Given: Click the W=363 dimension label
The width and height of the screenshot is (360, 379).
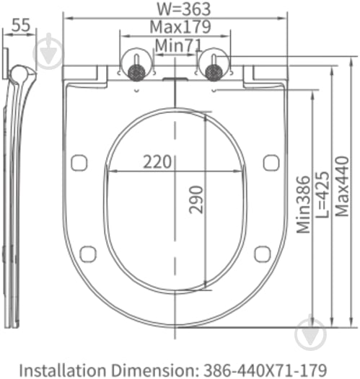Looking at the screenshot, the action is [x=184, y=9].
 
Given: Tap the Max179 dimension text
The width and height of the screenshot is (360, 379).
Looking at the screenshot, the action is [x=180, y=27].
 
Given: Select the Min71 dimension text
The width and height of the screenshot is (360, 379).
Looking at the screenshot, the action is [x=178, y=45].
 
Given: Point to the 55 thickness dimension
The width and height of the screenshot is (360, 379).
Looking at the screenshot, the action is [x=21, y=24].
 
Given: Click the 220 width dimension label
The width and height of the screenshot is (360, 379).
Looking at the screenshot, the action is [x=157, y=161].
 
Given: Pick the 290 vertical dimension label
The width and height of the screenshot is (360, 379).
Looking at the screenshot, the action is [x=196, y=200].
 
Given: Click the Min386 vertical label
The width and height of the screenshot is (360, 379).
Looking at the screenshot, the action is [x=304, y=205].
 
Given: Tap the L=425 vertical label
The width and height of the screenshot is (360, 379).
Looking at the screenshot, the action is [x=322, y=195].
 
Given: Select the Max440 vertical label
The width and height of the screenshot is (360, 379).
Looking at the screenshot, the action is [x=342, y=186].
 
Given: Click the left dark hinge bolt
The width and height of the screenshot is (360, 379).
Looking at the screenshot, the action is [x=136, y=72].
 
